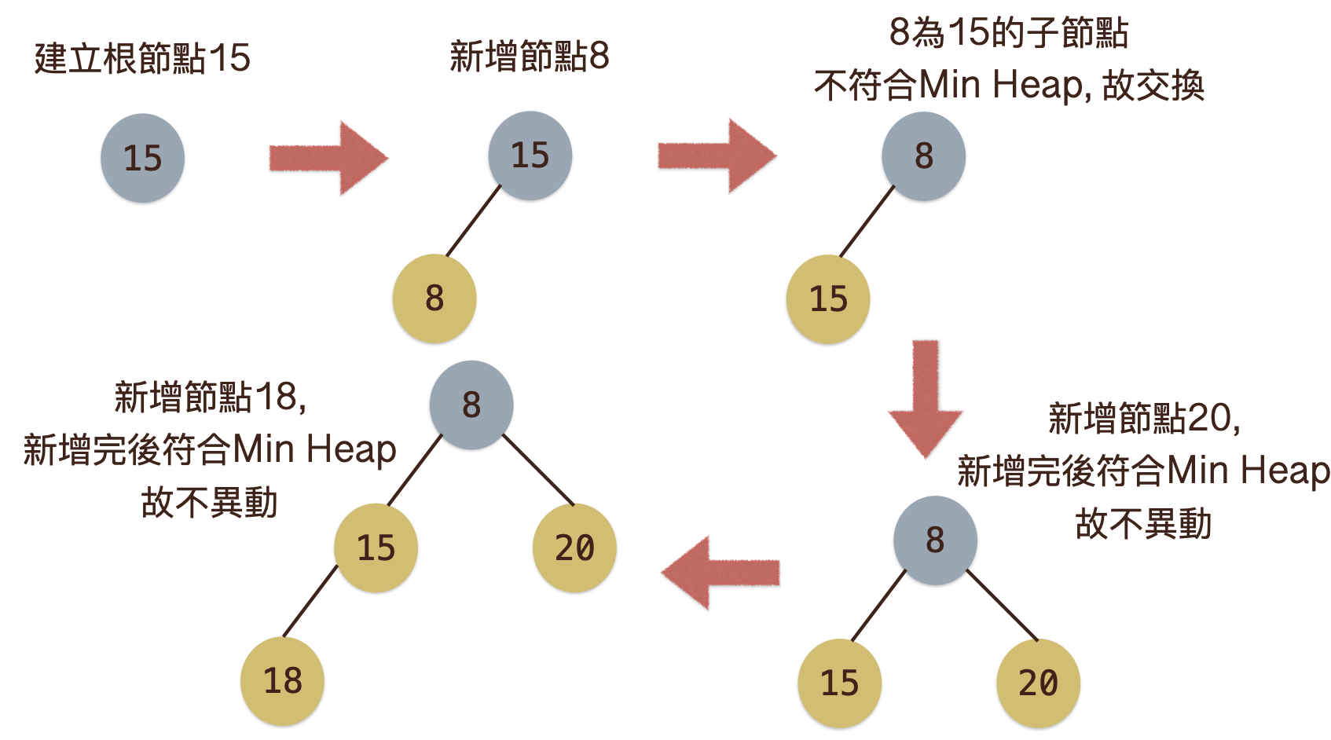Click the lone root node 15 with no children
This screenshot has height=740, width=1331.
tap(142, 158)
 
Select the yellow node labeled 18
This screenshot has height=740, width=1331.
tap(282, 680)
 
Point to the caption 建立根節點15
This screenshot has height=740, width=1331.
tap(142, 58)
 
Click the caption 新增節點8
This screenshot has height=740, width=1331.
tap(529, 57)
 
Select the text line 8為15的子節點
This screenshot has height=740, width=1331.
tap(1008, 33)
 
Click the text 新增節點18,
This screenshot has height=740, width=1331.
tap(210, 397)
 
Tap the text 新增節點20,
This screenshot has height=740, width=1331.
tap(1144, 418)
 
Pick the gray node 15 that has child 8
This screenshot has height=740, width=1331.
tap(530, 156)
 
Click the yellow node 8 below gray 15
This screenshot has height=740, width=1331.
tap(434, 299)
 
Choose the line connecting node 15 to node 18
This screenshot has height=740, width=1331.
tap(310, 601)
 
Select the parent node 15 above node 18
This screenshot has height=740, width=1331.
tap(376, 548)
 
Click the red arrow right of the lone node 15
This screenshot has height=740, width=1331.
tap(328, 158)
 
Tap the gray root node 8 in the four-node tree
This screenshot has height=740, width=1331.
tap(471, 405)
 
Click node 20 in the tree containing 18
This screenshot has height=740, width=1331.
tap(574, 548)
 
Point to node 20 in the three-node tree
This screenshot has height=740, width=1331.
tap(1038, 683)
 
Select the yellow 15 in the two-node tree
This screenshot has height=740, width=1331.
tap(828, 299)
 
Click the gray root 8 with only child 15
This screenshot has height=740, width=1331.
tap(923, 156)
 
